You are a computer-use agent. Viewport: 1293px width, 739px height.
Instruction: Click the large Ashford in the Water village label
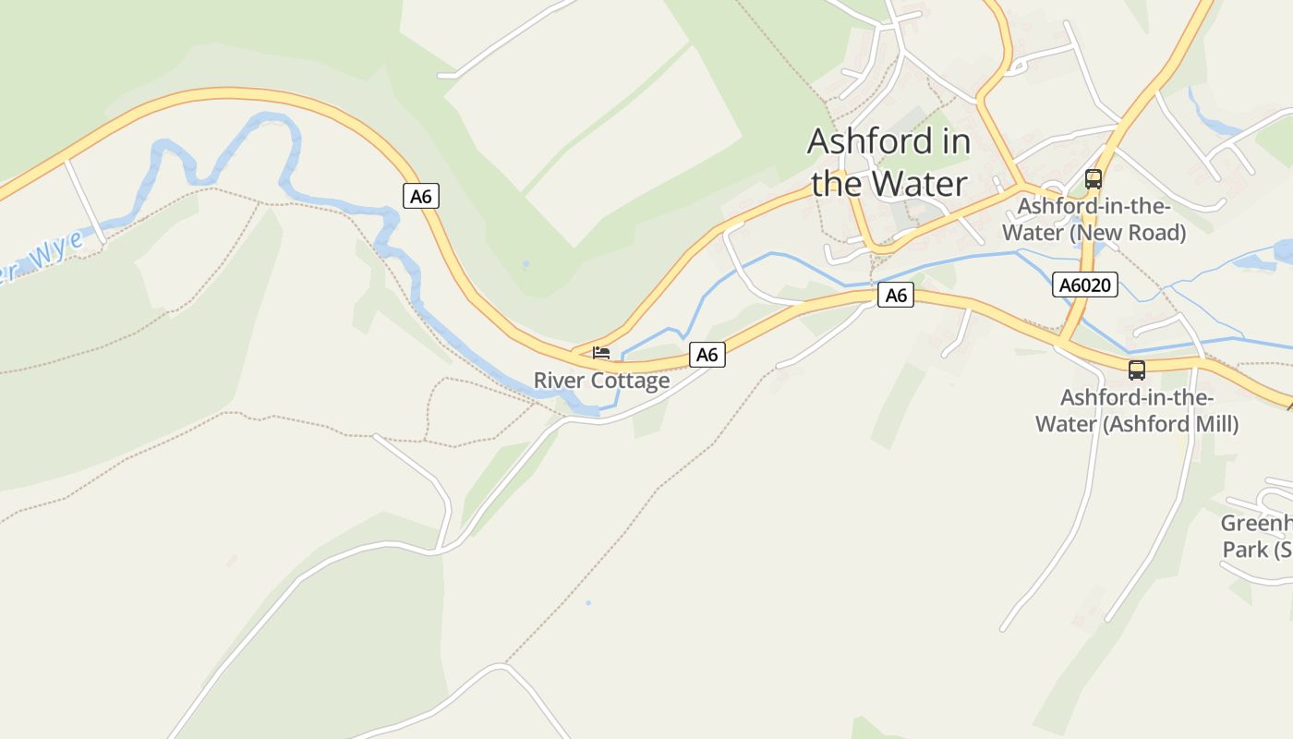(x=889, y=163)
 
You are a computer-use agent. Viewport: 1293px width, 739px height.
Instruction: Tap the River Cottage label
(x=601, y=381)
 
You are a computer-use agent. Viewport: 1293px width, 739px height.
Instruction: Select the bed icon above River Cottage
(x=601, y=353)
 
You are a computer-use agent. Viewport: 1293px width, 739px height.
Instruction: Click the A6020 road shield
(x=1085, y=285)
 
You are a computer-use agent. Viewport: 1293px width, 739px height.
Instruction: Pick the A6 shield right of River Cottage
(x=707, y=355)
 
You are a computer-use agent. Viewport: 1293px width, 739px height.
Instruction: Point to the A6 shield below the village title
(x=896, y=296)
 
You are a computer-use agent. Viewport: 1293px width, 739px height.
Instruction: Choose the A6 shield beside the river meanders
(x=420, y=196)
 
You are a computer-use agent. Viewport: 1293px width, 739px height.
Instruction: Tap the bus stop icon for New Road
(x=1094, y=179)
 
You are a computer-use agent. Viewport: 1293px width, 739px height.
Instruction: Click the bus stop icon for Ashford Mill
(x=1136, y=370)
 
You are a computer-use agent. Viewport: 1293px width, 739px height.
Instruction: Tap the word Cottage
(x=630, y=381)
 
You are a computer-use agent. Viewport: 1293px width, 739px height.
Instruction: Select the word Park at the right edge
(x=1245, y=550)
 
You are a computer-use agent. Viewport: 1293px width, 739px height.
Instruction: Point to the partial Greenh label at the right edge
(x=1256, y=524)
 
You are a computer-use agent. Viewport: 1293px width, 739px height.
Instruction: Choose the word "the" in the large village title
(x=837, y=184)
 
